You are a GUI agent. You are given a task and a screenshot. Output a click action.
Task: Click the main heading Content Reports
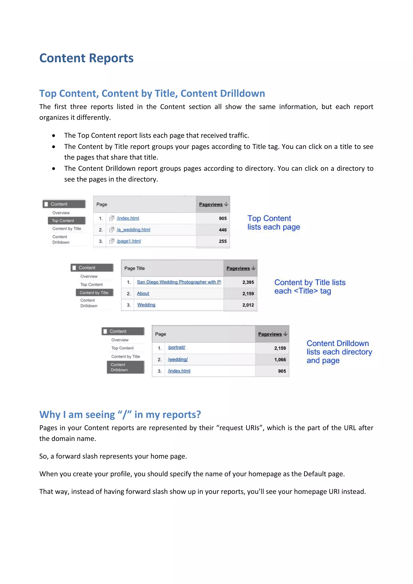click(x=86, y=58)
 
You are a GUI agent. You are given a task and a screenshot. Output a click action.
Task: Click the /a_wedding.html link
click(x=133, y=230)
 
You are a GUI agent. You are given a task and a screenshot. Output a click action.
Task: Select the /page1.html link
click(x=129, y=241)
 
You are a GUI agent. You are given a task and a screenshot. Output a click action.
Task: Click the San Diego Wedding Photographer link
click(x=179, y=282)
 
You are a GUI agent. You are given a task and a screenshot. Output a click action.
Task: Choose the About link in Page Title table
click(x=143, y=294)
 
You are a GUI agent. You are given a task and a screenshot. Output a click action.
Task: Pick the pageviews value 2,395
click(x=248, y=282)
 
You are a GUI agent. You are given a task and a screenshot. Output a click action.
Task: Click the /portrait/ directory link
click(x=176, y=347)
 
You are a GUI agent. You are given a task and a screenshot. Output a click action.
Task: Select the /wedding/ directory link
click(x=178, y=359)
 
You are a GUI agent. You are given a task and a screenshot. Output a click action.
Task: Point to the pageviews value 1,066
click(x=280, y=360)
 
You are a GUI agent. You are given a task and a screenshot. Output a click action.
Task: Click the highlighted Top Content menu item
click(x=66, y=221)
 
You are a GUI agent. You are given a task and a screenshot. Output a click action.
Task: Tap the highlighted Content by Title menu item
click(x=94, y=293)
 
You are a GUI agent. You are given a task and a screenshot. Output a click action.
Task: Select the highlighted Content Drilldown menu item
click(x=125, y=367)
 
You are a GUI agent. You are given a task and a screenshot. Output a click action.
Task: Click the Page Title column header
click(x=135, y=268)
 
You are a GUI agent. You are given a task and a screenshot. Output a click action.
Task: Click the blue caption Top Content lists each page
click(x=273, y=223)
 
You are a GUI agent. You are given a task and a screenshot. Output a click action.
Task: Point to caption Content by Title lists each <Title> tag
click(x=310, y=287)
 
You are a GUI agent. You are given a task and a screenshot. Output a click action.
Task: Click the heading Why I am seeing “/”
click(x=120, y=414)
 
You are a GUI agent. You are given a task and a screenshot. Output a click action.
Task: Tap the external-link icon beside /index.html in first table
click(x=112, y=218)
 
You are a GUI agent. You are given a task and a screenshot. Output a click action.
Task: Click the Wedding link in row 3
click(x=146, y=305)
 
